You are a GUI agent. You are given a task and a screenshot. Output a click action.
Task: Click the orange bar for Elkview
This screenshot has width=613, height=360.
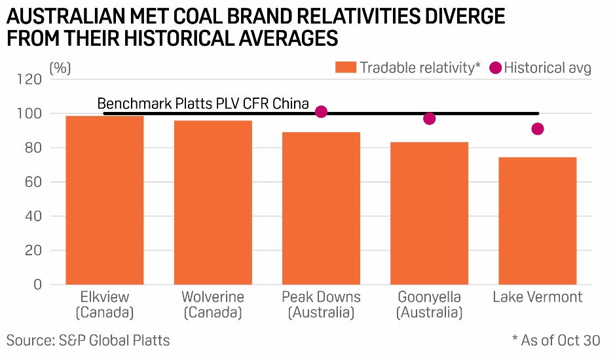coord(105,200)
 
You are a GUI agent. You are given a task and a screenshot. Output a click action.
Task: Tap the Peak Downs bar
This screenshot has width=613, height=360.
coord(321,208)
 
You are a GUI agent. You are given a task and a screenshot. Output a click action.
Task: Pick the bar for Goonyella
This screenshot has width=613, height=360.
coord(429,213)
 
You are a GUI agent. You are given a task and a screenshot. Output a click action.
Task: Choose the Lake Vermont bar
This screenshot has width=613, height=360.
coord(537,221)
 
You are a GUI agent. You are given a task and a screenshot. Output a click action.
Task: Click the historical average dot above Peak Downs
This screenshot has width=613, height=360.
coord(321,112)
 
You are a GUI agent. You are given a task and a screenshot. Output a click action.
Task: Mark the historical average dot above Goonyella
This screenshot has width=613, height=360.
coord(429,118)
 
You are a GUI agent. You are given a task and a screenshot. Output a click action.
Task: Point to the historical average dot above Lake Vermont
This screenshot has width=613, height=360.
coord(538,129)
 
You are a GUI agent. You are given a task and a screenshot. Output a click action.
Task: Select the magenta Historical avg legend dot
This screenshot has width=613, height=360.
coord(495,67)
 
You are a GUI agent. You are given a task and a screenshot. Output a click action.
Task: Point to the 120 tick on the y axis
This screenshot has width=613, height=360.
coord(32,80)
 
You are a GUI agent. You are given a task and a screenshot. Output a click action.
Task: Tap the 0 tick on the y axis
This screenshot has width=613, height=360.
coord(39,285)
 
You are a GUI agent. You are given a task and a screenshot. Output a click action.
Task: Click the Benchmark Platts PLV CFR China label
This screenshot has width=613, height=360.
coord(203,103)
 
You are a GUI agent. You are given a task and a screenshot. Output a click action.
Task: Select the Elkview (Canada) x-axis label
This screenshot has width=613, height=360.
coord(105,304)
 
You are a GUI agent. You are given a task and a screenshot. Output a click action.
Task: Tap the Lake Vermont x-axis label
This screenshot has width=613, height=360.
coord(537,297)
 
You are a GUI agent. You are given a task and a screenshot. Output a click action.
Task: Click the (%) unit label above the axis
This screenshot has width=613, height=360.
coord(60,67)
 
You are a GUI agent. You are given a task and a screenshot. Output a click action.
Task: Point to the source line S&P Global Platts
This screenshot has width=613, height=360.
coord(88,340)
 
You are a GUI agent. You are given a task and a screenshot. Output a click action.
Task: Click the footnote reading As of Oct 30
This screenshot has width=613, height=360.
coord(556,340)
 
